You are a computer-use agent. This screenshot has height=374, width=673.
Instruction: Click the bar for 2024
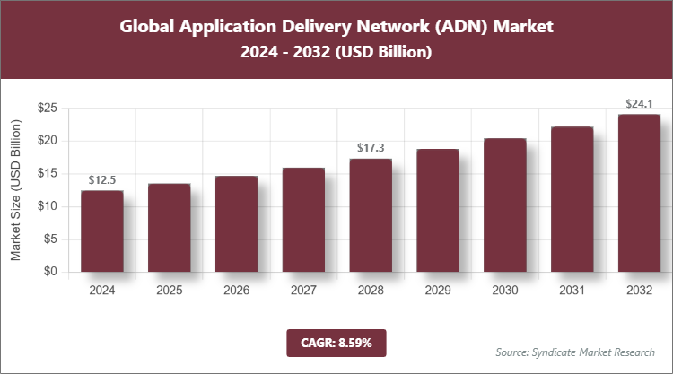click(101, 231)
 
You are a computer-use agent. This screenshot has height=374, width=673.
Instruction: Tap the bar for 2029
click(438, 211)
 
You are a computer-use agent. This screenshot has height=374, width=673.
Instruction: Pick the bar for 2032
click(639, 193)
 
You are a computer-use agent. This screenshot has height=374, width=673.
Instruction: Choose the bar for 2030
click(504, 205)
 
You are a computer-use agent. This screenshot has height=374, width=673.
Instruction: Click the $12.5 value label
click(101, 181)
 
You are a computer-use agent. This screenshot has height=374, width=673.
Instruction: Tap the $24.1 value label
click(639, 104)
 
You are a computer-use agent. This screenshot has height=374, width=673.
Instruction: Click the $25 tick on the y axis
click(47, 109)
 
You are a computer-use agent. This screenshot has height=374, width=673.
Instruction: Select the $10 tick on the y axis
click(47, 206)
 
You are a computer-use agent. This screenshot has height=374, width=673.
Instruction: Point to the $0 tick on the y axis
click(50, 272)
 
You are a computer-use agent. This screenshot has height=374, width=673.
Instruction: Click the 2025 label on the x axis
click(169, 291)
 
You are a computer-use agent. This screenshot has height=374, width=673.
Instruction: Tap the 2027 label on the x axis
click(303, 291)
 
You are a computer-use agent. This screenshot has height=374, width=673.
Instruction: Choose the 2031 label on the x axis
click(572, 291)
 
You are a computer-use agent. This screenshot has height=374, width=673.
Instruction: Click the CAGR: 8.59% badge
click(336, 342)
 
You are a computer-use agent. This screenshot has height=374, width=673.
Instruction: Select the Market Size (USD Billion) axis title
click(16, 189)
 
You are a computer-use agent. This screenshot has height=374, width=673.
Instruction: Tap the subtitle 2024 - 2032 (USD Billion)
click(336, 53)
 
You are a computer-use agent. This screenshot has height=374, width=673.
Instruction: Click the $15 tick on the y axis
click(47, 174)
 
